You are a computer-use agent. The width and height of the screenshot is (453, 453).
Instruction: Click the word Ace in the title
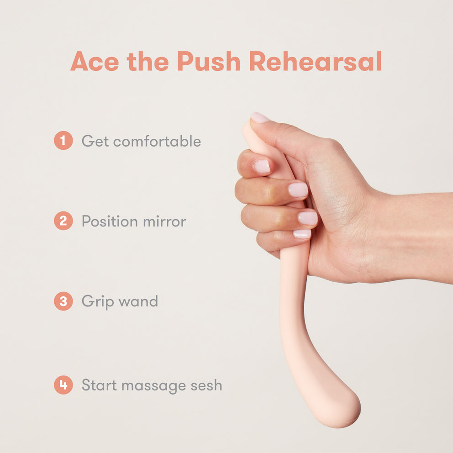point(95,61)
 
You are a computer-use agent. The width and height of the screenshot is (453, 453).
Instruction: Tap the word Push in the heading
point(209,61)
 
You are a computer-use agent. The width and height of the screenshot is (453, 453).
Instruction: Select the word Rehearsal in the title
point(316,61)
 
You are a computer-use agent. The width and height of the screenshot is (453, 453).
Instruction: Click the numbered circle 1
point(63,140)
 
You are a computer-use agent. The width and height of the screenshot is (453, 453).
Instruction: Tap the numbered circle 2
point(63,221)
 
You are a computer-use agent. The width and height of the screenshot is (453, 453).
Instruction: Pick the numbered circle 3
point(63,301)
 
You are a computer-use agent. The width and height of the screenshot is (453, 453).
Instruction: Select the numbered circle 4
point(63,385)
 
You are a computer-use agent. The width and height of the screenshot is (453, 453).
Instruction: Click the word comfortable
point(157,141)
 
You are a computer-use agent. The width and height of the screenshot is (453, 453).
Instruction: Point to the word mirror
point(164,221)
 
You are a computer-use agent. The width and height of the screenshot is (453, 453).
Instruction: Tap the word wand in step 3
point(138,301)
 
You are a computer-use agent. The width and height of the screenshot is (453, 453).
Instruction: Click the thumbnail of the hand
point(260,117)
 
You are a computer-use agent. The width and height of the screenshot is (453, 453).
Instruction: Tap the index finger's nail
point(262,167)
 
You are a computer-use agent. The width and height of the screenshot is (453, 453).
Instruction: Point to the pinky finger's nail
point(302,234)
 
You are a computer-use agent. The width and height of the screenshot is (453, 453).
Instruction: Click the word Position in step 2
point(110,221)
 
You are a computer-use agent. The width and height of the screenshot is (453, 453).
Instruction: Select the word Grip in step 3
point(98,302)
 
